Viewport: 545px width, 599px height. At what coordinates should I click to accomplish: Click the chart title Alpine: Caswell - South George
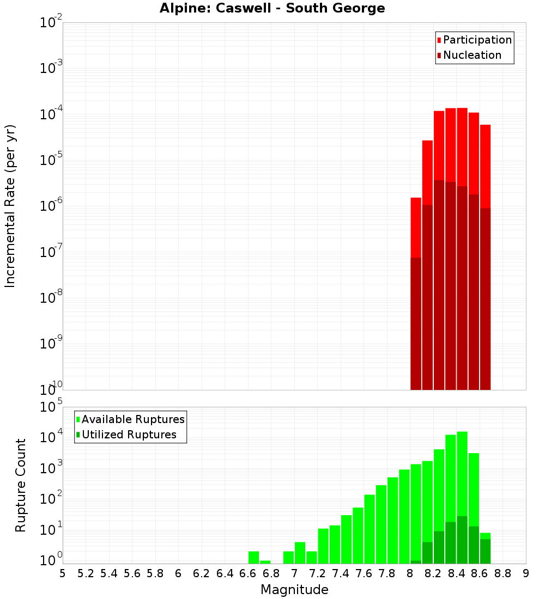272,9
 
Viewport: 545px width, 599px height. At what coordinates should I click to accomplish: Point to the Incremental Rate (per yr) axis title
10,206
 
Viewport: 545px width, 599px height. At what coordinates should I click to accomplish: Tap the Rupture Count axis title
21,485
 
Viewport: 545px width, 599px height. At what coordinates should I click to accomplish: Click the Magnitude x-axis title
294,590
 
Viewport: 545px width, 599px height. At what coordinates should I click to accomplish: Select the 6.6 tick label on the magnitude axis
248,573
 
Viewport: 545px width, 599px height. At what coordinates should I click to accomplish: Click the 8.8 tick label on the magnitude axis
502,573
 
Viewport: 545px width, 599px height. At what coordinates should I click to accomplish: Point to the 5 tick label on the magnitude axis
63,573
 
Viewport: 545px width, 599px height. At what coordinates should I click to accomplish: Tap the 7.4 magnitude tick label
341,573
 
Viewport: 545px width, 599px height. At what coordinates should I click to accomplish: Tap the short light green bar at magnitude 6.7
265,562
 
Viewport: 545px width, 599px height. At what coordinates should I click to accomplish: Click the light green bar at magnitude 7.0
300,553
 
